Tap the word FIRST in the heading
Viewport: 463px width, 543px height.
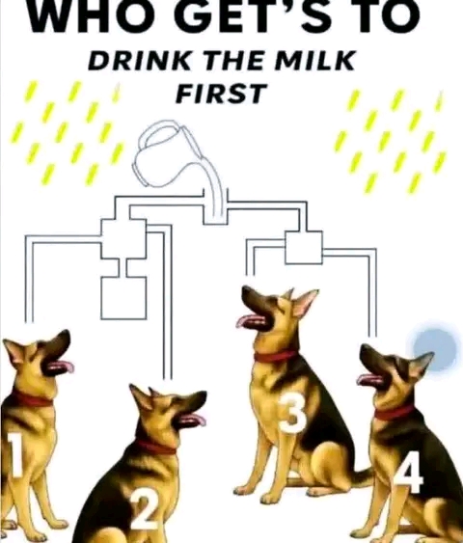[221, 94]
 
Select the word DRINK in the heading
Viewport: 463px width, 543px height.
[139, 61]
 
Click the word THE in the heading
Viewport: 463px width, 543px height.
[232, 61]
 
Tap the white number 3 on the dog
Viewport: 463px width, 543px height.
[293, 413]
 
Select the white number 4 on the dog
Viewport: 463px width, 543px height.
[409, 472]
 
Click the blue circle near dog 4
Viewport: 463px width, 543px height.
[435, 348]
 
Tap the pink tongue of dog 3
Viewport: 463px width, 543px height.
[248, 320]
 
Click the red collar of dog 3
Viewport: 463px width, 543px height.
[276, 356]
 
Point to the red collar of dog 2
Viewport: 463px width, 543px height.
[155, 447]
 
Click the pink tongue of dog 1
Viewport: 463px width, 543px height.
[62, 367]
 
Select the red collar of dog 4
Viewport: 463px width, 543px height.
[395, 413]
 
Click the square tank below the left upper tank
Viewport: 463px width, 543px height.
[123, 298]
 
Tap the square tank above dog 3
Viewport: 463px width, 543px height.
[304, 247]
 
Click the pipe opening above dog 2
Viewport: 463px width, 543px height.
[168, 378]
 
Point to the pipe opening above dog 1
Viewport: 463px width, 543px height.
[29, 321]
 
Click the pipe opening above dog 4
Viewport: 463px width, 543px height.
[372, 336]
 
